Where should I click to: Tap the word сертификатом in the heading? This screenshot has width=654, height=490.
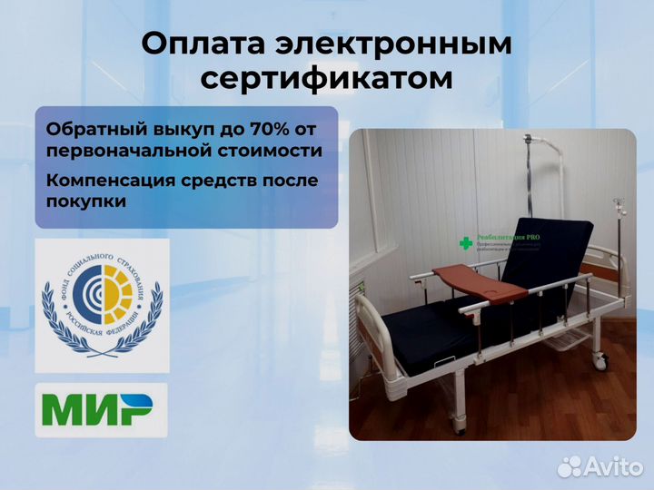[326, 79]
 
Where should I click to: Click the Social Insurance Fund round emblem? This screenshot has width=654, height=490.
[102, 306]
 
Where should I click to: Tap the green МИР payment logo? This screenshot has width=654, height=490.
[102, 411]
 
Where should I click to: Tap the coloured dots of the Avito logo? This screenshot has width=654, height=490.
[570, 466]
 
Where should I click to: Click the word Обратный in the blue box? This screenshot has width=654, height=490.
[89, 128]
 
